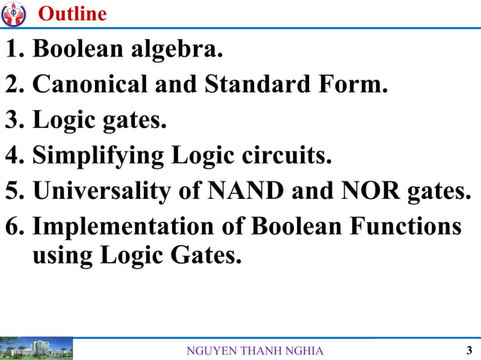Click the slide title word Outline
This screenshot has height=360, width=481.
click(x=72, y=14)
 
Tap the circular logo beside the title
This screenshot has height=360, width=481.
click(x=14, y=14)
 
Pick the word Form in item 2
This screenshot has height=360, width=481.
click(x=355, y=85)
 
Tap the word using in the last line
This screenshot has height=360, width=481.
click(x=60, y=256)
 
